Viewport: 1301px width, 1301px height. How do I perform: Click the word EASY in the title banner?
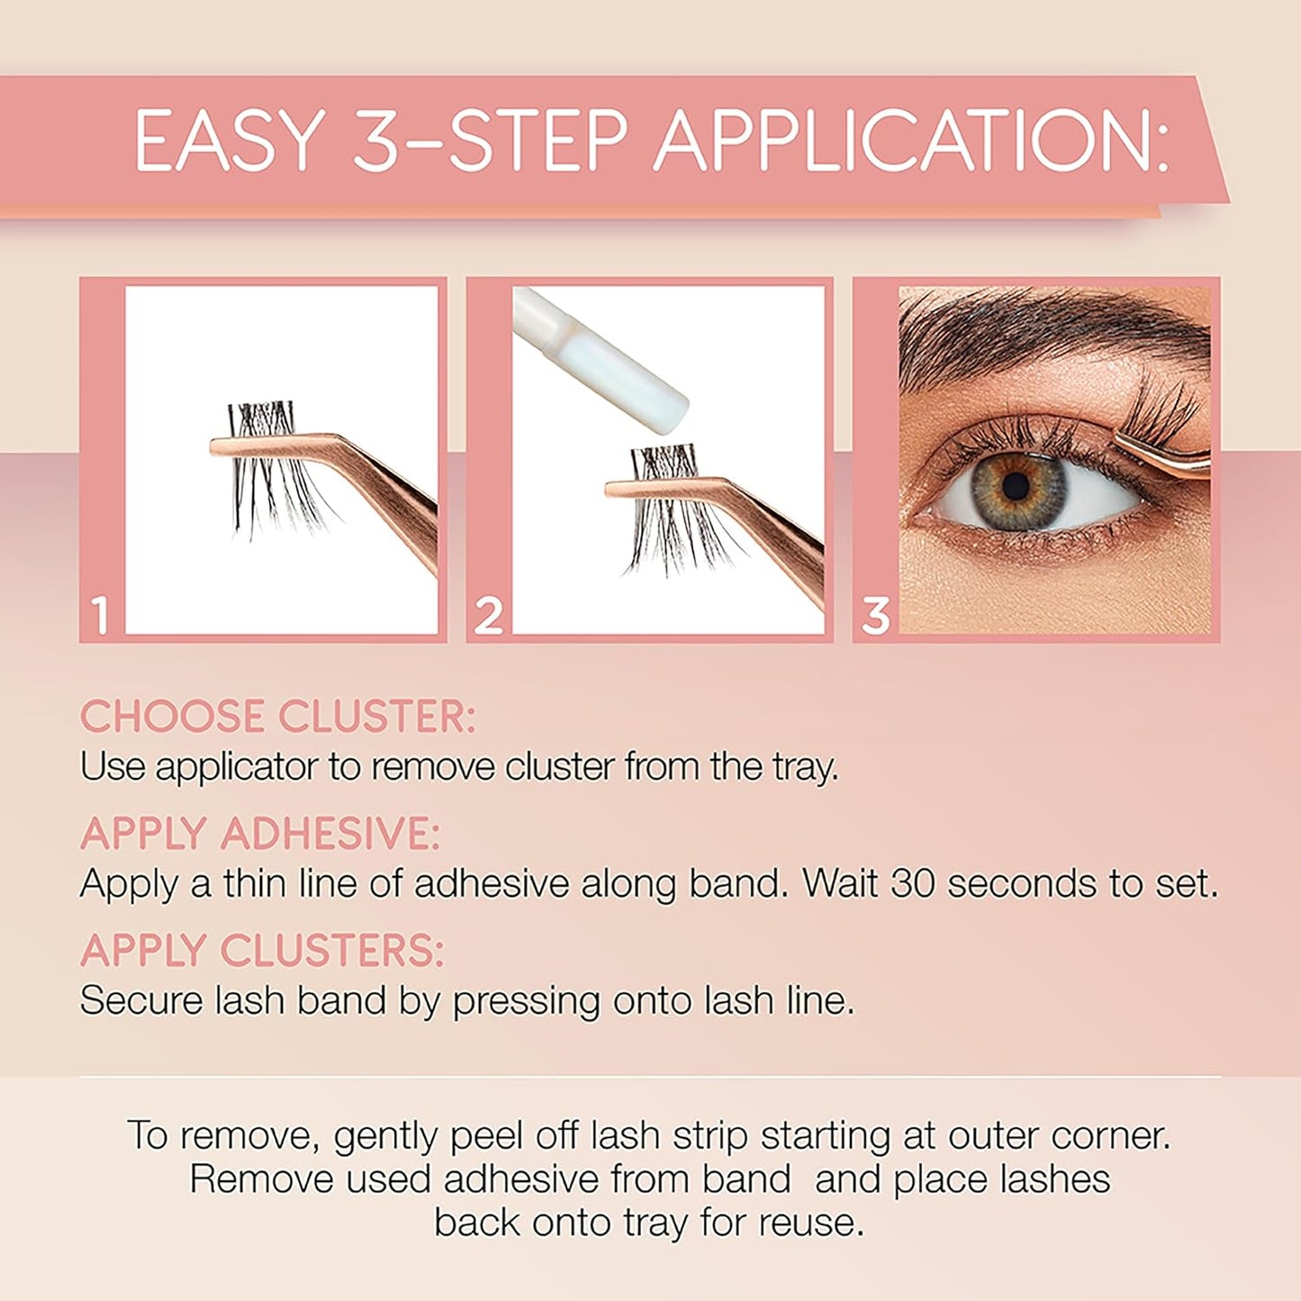(x=230, y=140)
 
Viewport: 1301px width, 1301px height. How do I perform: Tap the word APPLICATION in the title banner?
(x=912, y=140)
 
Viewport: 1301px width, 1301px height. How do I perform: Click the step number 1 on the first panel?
(x=101, y=616)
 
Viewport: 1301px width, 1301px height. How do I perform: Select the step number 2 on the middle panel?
(x=488, y=616)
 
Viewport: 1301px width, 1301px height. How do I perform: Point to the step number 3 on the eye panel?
(x=875, y=616)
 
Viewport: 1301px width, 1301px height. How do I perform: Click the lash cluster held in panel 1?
(x=270, y=468)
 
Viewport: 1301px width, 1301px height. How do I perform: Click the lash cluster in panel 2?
(x=671, y=513)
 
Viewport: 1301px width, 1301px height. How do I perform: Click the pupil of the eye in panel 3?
(x=1016, y=486)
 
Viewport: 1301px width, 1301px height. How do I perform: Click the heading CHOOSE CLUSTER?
(x=277, y=718)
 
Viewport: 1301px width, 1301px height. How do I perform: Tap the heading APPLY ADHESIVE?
(x=260, y=834)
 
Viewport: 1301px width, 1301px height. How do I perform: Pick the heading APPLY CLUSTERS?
(x=262, y=951)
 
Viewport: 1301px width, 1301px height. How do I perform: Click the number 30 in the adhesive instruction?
(x=913, y=883)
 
